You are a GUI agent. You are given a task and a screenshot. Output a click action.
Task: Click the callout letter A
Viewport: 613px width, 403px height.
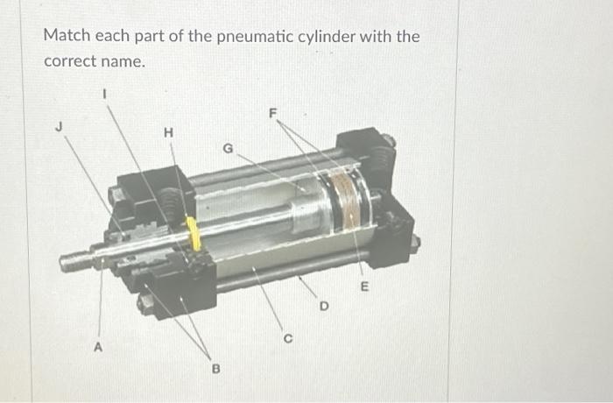99,346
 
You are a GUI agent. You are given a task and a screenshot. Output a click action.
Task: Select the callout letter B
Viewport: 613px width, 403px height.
214,369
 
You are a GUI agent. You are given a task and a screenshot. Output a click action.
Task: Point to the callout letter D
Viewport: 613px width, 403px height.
323,307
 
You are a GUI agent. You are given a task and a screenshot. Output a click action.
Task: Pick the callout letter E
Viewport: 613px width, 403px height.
364,286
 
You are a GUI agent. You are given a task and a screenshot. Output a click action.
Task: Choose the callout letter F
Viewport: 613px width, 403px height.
273,113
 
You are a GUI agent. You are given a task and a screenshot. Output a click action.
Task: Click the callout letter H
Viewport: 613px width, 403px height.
168,132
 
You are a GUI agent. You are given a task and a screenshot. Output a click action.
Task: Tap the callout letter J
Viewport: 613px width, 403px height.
60,126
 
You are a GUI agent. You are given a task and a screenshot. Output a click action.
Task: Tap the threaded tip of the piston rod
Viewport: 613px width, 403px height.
74,261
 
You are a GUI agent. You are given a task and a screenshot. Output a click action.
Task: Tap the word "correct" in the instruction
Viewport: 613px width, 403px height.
67,63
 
